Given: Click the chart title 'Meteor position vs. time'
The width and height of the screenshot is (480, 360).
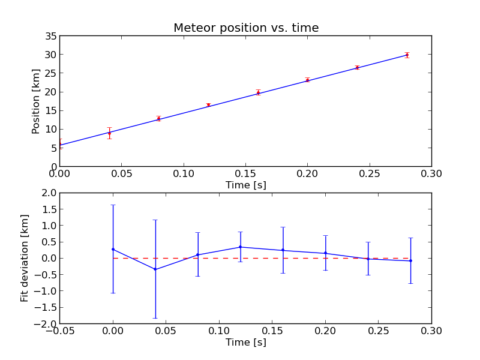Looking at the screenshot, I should (x=246, y=28).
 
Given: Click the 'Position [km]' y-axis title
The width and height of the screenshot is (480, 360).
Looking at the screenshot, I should (x=36, y=101).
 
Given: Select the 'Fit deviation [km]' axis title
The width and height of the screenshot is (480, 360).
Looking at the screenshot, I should (x=25, y=258).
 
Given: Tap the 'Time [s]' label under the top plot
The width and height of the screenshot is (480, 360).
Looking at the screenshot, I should (x=245, y=185).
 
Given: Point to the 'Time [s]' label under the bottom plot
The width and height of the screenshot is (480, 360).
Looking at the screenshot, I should (x=245, y=343).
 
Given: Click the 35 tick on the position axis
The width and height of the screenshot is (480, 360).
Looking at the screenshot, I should (x=49, y=36).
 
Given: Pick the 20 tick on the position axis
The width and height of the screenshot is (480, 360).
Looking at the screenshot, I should (x=49, y=92).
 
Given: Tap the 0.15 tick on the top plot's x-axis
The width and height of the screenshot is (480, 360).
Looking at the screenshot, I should (x=245, y=174).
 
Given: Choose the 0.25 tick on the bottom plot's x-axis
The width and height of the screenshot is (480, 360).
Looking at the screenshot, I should (x=378, y=331).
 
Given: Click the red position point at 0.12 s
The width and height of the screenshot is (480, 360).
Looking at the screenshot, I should (x=208, y=105).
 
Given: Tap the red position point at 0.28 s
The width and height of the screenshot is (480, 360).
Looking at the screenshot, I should (x=407, y=55).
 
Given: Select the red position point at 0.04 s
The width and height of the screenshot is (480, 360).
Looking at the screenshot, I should (x=109, y=133).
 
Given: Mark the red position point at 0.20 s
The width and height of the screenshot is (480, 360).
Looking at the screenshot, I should (x=307, y=80).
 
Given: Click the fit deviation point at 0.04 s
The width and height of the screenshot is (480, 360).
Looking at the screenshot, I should (x=155, y=269).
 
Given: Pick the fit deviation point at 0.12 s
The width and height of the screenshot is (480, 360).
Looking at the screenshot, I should (x=240, y=247).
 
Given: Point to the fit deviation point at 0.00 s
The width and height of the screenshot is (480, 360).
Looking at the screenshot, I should (x=113, y=249).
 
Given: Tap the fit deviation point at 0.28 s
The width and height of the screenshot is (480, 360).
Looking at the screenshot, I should (x=410, y=261).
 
